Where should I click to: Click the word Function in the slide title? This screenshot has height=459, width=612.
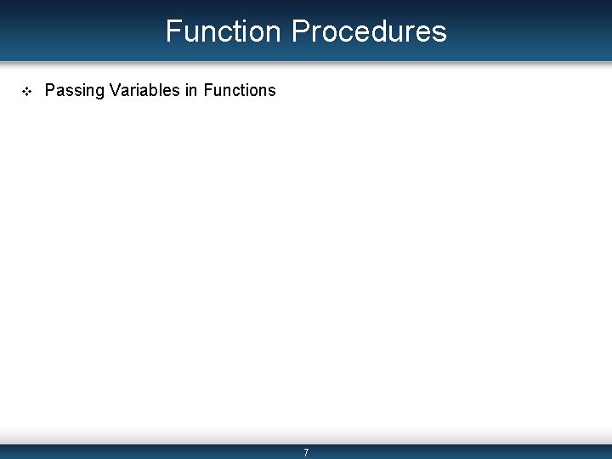(223, 31)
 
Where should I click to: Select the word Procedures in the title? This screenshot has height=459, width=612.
(368, 31)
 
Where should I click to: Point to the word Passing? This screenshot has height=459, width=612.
(74, 90)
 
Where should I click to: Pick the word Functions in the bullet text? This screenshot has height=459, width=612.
(240, 90)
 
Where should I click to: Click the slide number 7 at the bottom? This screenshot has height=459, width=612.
(306, 453)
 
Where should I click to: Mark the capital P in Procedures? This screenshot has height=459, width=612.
(301, 31)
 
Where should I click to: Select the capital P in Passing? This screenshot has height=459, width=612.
(49, 90)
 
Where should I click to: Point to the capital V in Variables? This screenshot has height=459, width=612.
(114, 90)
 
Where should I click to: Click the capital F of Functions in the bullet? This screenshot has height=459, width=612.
(208, 90)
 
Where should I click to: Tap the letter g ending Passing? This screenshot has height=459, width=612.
(99, 92)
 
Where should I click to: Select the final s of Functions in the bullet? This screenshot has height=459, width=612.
(272, 91)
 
